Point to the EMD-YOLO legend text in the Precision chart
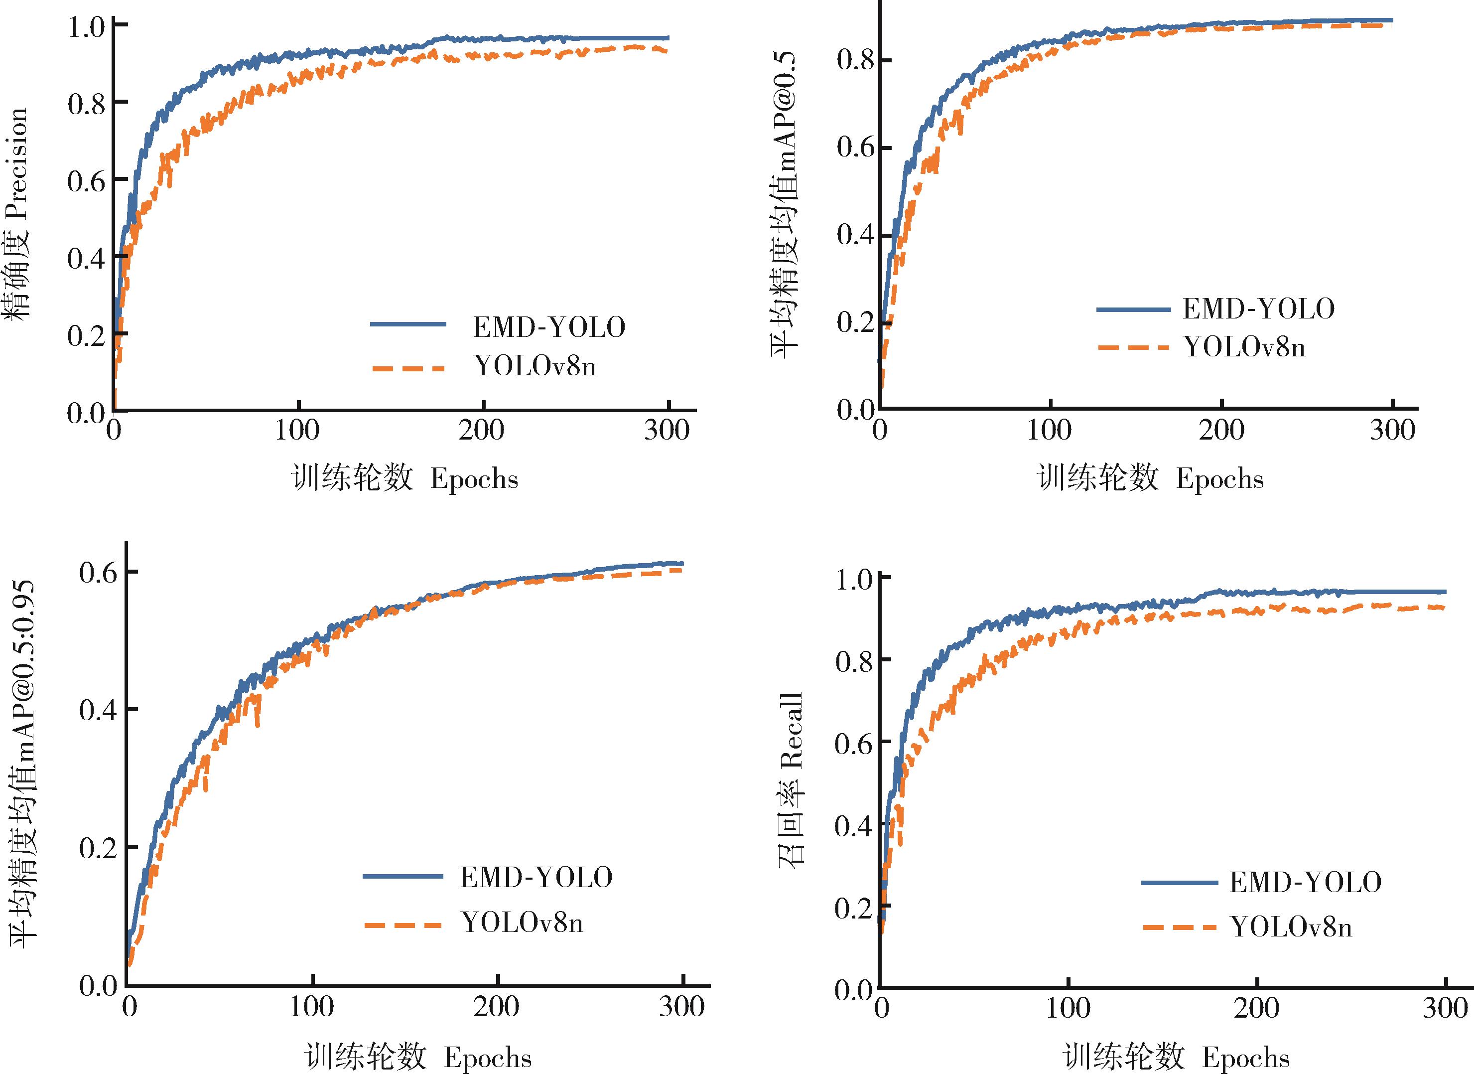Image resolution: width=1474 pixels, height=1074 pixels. pos(549,327)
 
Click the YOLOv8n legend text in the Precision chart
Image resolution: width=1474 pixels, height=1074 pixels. pos(535,367)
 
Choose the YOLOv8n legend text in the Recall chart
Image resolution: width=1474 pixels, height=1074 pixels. pos(1291,927)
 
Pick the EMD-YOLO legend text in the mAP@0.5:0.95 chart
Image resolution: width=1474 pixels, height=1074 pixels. pos(536,878)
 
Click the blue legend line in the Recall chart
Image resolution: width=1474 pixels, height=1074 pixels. pos(1179,882)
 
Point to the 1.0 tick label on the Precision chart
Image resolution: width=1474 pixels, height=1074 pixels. pos(87,27)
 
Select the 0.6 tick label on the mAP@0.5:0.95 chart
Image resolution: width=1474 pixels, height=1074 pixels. pos(98,573)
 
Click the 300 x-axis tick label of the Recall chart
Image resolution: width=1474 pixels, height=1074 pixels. pos(1444,1008)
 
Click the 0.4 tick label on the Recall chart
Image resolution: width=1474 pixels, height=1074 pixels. pos(853,826)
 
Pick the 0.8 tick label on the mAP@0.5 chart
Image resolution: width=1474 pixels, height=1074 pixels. pos(856,61)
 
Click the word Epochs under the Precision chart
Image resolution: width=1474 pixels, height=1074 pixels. pos(474,480)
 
